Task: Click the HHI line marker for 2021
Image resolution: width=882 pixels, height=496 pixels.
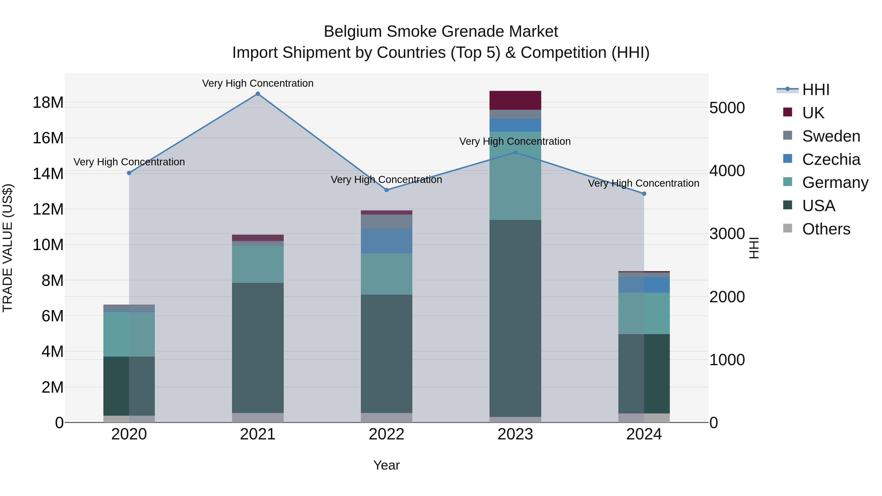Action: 258,94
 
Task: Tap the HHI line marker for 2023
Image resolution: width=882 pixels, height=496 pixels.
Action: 515,152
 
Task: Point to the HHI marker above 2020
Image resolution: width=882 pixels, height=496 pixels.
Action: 129,173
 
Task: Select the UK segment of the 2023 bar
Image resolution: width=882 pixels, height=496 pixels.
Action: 515,100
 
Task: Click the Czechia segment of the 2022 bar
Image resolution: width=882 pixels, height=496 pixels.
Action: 387,241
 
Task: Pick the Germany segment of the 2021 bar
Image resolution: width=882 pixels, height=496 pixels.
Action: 258,264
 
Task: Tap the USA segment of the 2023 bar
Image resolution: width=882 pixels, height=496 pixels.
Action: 515,318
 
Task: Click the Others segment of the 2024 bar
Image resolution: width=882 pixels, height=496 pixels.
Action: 644,418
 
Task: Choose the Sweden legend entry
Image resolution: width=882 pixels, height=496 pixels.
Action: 831,136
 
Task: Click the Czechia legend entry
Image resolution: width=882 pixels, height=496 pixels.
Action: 831,159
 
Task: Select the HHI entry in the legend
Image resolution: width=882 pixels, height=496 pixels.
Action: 816,90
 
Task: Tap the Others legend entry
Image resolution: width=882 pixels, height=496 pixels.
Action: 826,229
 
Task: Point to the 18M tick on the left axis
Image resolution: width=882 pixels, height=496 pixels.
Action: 48,103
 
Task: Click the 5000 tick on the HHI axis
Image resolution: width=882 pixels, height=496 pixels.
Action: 727,108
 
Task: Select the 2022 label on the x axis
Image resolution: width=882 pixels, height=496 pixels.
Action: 387,434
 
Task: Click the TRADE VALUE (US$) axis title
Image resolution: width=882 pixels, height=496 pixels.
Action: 8,248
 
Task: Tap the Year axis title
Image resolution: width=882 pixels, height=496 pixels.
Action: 387,465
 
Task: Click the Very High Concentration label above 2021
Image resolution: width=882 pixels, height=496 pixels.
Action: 258,84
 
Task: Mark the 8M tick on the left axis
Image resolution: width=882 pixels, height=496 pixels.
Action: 52,281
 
